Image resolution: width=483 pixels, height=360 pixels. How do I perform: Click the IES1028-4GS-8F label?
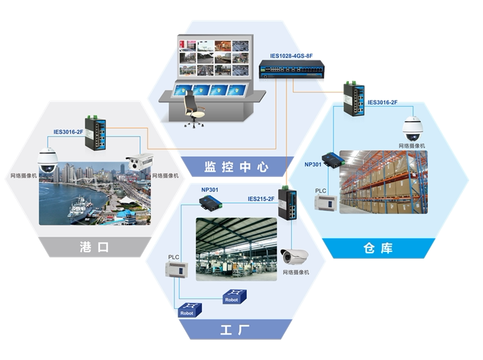[291, 56]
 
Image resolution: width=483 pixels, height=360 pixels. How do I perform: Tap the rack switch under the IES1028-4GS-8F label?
[291, 69]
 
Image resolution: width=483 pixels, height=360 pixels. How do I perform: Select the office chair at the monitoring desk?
[193, 109]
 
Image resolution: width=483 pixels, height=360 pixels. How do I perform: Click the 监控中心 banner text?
[236, 167]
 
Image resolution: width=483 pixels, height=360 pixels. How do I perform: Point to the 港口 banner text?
[94, 247]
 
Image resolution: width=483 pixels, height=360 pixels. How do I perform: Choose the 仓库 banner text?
[378, 248]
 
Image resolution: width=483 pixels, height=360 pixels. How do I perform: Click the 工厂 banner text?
[235, 330]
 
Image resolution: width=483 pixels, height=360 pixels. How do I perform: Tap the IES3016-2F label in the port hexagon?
[68, 132]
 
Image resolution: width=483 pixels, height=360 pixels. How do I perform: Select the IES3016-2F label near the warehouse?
[382, 103]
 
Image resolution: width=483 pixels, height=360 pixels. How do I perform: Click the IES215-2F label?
[261, 199]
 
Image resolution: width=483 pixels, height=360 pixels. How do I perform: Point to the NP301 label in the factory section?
[209, 190]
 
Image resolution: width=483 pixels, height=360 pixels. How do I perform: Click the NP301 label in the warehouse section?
[313, 164]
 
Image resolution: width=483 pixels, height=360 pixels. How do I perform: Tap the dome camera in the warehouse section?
[413, 129]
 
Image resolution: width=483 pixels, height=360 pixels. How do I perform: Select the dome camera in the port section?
[48, 160]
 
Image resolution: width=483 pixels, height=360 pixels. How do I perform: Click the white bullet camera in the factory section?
[294, 257]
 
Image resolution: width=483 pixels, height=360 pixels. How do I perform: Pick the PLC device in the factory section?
[177, 269]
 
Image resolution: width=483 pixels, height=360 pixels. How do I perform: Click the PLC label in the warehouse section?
[321, 190]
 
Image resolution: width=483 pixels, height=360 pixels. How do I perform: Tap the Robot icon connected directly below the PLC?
[190, 310]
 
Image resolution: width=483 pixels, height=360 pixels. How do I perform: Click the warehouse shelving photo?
[383, 182]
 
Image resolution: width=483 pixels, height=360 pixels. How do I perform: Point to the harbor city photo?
[95, 193]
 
